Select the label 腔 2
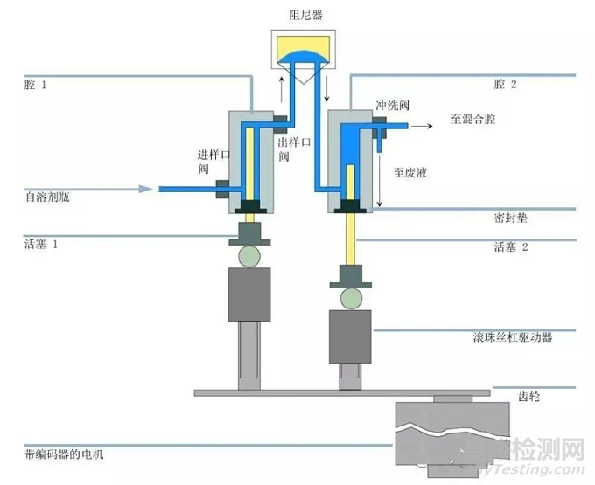coord(506,85)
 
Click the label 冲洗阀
coord(393,105)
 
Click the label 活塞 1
coord(41,244)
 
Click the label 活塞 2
coord(512,247)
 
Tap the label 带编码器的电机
coord(69,454)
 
